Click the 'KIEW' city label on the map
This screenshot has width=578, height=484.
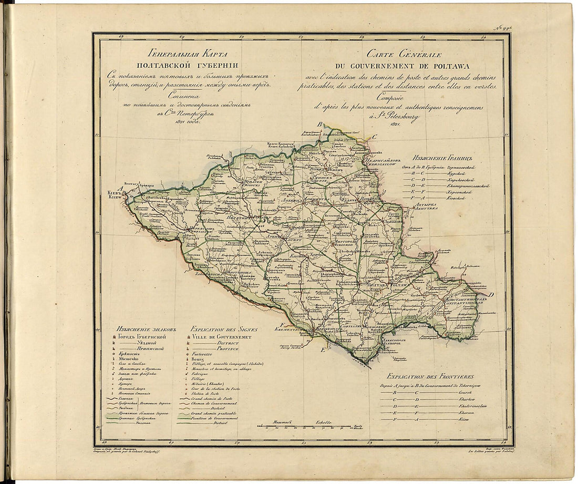(115, 197)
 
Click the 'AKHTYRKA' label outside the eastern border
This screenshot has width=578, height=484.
(426, 208)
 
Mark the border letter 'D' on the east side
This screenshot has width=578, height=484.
(490, 295)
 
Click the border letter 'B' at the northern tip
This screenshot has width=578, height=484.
(319, 124)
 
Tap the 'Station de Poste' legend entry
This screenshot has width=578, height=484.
(209, 393)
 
